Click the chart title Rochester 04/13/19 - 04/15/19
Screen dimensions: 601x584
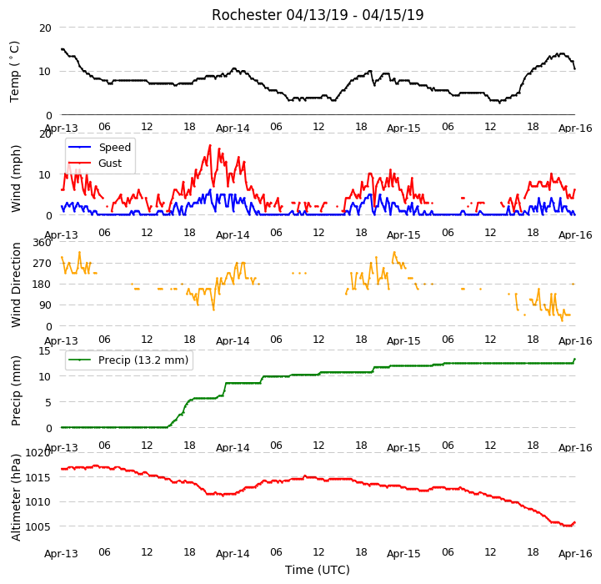click(318, 15)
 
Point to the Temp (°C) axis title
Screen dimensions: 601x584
click(14, 72)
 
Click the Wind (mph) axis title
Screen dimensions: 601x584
click(15, 179)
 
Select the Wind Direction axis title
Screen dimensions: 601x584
click(15, 284)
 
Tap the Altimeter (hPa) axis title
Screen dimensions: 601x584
click(15, 498)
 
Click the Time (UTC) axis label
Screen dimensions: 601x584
click(318, 570)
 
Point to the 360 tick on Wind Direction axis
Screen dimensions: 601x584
click(43, 243)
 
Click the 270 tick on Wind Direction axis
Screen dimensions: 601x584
click(43, 264)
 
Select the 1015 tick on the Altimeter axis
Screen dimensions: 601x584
click(38, 477)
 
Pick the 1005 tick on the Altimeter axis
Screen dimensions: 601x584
click(38, 526)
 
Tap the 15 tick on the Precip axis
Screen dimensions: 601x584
click(45, 350)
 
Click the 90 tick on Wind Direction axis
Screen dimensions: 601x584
click(45, 305)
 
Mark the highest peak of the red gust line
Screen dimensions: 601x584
click(210, 145)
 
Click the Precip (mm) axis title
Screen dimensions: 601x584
click(15, 390)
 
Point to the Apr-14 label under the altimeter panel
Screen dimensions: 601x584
click(233, 554)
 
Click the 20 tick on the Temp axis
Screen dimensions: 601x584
click(45, 28)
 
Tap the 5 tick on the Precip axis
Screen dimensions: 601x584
click(48, 402)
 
